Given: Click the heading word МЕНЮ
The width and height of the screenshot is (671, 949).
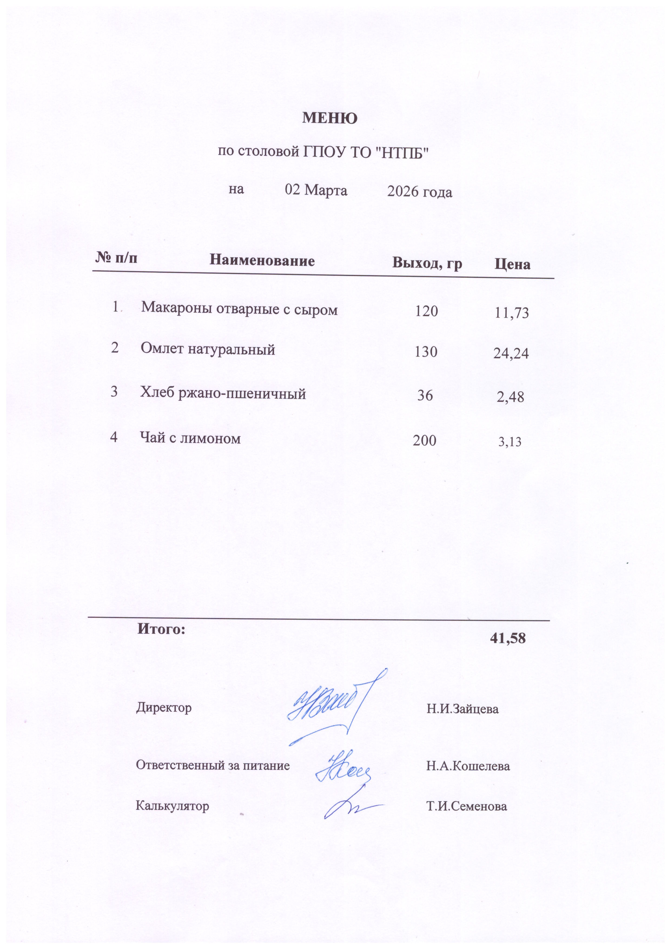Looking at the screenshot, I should pos(330,118).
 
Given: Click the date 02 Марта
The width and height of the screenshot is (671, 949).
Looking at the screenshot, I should pos(316,190).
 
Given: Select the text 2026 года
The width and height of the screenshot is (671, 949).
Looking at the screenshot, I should pos(419,192).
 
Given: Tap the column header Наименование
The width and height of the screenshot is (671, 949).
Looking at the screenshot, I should pos(262,260).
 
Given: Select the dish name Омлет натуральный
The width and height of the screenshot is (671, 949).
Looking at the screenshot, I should pos(208,349).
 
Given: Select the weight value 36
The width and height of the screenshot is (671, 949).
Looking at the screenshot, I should pos(425,396).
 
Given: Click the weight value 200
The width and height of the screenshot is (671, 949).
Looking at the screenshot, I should pos(425,441).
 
